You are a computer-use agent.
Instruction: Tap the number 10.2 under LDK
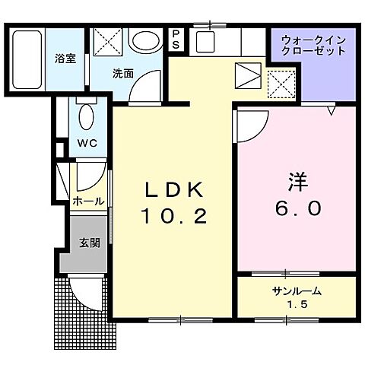point(173,217)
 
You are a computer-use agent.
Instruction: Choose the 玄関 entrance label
point(90,243)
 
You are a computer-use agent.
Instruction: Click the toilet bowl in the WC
point(85,117)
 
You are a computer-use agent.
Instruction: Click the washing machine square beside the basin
point(106,41)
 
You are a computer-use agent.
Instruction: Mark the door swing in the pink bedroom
point(252,122)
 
